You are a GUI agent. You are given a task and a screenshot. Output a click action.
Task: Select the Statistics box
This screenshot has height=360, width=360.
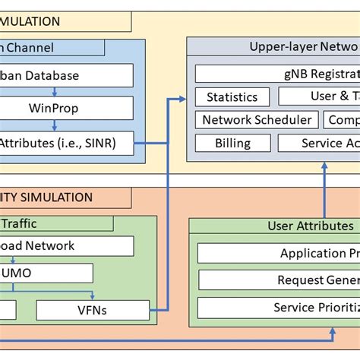coord(232,97)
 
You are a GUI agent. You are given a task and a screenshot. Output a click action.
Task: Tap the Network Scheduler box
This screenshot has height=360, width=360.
coord(257,120)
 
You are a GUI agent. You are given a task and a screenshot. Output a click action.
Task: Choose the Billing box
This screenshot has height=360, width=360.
coord(232,143)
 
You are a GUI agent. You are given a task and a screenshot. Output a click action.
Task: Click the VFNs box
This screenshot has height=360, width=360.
coord(93,309)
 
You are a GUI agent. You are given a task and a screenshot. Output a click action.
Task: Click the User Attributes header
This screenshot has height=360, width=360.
coord(310,226)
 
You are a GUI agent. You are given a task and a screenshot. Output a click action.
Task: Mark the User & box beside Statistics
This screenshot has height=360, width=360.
coord(319,96)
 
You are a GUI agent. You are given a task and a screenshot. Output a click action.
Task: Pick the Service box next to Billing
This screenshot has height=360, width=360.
coord(319,143)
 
